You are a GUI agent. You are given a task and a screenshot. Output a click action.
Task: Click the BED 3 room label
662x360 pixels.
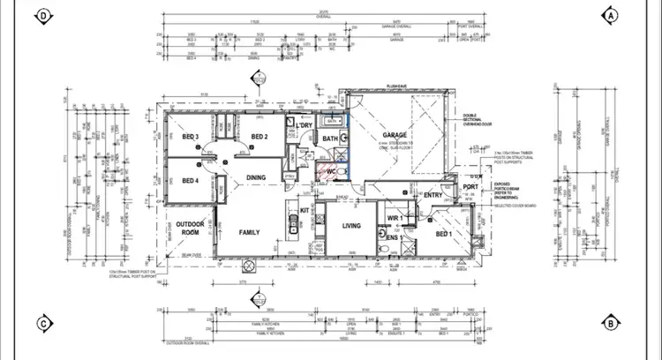click(x=190, y=137)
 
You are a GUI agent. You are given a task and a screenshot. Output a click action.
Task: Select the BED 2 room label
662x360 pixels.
click(x=259, y=137)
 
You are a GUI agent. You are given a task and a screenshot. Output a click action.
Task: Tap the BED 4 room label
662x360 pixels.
click(x=190, y=181)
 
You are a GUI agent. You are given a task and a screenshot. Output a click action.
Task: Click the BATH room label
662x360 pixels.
click(x=330, y=139)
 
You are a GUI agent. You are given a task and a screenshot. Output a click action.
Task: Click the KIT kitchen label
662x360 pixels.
click(x=305, y=210)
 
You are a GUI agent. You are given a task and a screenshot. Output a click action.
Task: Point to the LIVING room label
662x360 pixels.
click(x=340, y=227)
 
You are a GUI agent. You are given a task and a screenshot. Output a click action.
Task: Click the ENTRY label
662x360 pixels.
click(x=433, y=195)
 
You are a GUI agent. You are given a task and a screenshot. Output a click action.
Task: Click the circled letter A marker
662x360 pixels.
click(x=611, y=15)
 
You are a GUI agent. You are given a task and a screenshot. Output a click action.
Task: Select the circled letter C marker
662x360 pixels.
click(x=42, y=322)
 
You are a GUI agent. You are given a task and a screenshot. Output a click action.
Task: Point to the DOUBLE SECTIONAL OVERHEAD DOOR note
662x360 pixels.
click(x=475, y=124)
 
